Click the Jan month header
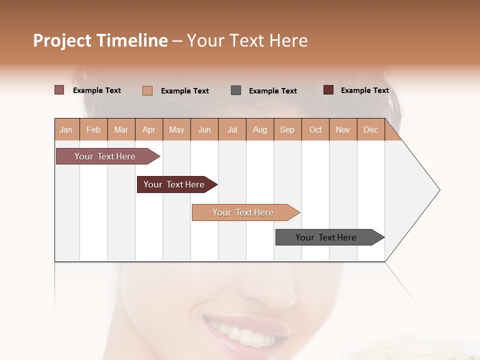[66, 129]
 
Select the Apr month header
[149, 129]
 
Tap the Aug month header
[260, 129]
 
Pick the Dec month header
[370, 129]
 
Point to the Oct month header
[315, 129]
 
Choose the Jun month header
[204, 129]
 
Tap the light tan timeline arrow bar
[243, 212]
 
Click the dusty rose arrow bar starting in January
[105, 156]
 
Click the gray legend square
[236, 90]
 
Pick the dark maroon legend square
[328, 90]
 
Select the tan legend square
[147, 90]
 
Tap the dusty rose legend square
[59, 90]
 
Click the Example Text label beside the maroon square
[364, 90]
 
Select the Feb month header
[93, 129]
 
